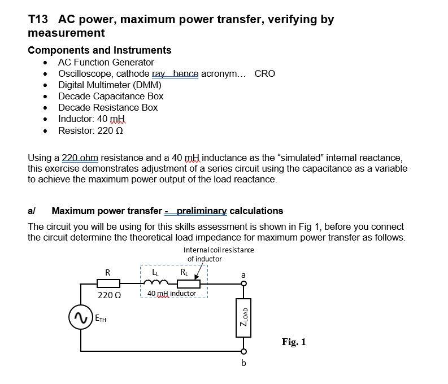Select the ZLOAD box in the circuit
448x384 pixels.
tap(244, 316)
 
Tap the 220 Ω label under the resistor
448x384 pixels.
tap(107, 294)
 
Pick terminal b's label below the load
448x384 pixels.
tap(243, 363)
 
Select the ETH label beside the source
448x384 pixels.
tap(99, 319)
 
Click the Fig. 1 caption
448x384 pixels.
tap(293, 342)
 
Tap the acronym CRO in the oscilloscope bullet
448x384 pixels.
tap(264, 73)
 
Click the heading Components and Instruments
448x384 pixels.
tap(99, 50)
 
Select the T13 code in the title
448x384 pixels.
tap(39, 20)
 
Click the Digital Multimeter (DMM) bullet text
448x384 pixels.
tap(110, 85)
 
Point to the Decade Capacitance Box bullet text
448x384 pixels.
tap(111, 96)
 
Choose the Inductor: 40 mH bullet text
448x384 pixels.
tap(92, 119)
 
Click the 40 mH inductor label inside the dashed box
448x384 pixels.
tap(171, 294)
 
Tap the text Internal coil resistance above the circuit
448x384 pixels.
tap(219, 250)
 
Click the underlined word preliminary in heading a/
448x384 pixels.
tap(202, 211)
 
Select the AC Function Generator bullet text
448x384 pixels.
tap(106, 62)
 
